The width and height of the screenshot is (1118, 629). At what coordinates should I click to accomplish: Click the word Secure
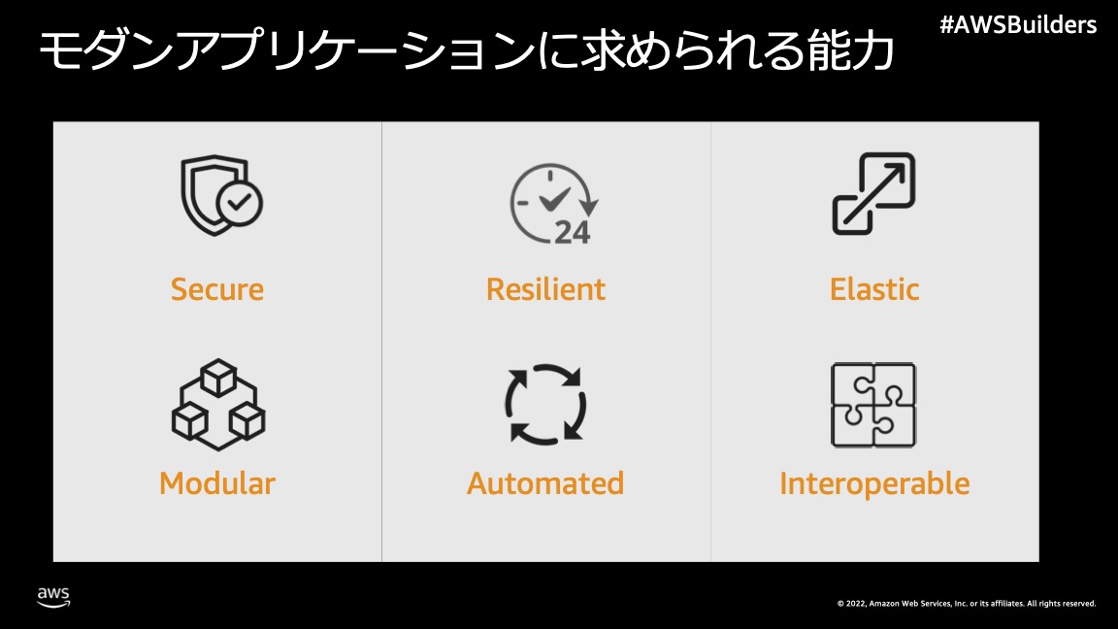pos(216,289)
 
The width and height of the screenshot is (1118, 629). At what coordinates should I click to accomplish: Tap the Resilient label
pos(545,289)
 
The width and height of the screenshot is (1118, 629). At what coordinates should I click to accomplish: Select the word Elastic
pos(874,289)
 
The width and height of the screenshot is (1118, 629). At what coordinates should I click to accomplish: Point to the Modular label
pos(216,483)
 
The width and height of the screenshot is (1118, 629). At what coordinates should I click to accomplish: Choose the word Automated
pos(545,483)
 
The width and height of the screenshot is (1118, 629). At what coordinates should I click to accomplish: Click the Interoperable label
pos(874,483)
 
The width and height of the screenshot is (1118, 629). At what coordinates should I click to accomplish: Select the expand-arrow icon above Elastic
pos(874,193)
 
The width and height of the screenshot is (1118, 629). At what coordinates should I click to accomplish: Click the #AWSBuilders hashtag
pos(1018,25)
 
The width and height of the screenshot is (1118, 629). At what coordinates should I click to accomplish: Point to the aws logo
pos(53,597)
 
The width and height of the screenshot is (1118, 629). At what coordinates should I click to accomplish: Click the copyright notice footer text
pos(967,604)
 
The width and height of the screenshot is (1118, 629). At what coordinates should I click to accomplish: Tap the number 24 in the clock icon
pos(572,233)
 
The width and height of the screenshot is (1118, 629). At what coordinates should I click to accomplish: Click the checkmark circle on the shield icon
pos(240,203)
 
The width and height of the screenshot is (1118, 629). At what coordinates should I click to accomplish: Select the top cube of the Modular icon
pos(218,378)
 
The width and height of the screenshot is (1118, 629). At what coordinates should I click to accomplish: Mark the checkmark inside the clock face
pos(555,199)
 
